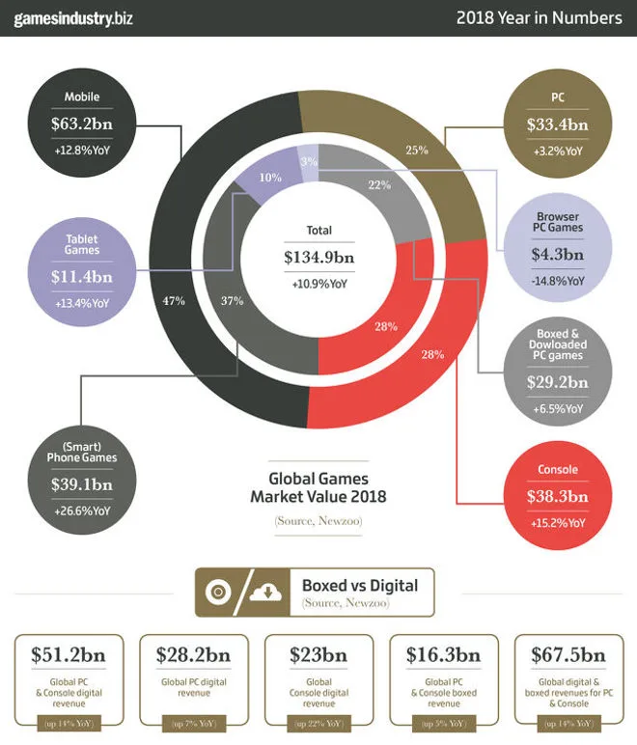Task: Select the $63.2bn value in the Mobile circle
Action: (82, 123)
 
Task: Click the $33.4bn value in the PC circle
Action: (554, 124)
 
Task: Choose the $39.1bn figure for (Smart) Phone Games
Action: (82, 485)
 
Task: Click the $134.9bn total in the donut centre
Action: (318, 258)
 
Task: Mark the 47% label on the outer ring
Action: (174, 301)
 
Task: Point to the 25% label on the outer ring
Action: (416, 150)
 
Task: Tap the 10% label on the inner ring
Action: (270, 178)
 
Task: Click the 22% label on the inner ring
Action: (378, 184)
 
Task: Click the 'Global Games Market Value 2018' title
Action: (318, 488)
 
